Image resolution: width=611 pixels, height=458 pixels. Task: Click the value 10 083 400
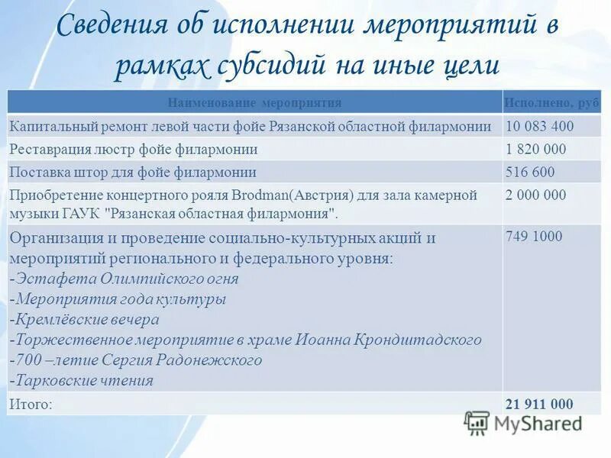pyautogui.click(x=540, y=127)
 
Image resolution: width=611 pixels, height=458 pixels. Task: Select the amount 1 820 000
pyautogui.click(x=536, y=150)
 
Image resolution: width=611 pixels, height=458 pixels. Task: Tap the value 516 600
pyautogui.click(x=530, y=173)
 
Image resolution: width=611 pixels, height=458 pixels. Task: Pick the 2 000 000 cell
pyautogui.click(x=536, y=195)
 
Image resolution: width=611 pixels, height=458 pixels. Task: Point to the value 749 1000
pyautogui.click(x=534, y=237)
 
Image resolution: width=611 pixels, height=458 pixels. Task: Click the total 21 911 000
pyautogui.click(x=539, y=405)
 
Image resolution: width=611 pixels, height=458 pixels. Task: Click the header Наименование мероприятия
pyautogui.click(x=254, y=102)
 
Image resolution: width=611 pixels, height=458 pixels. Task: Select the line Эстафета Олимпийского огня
pyautogui.click(x=126, y=279)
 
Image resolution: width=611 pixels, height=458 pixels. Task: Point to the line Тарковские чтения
pyautogui.click(x=84, y=381)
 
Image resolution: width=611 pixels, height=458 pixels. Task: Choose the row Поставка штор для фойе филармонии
pyautogui.click(x=133, y=173)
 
